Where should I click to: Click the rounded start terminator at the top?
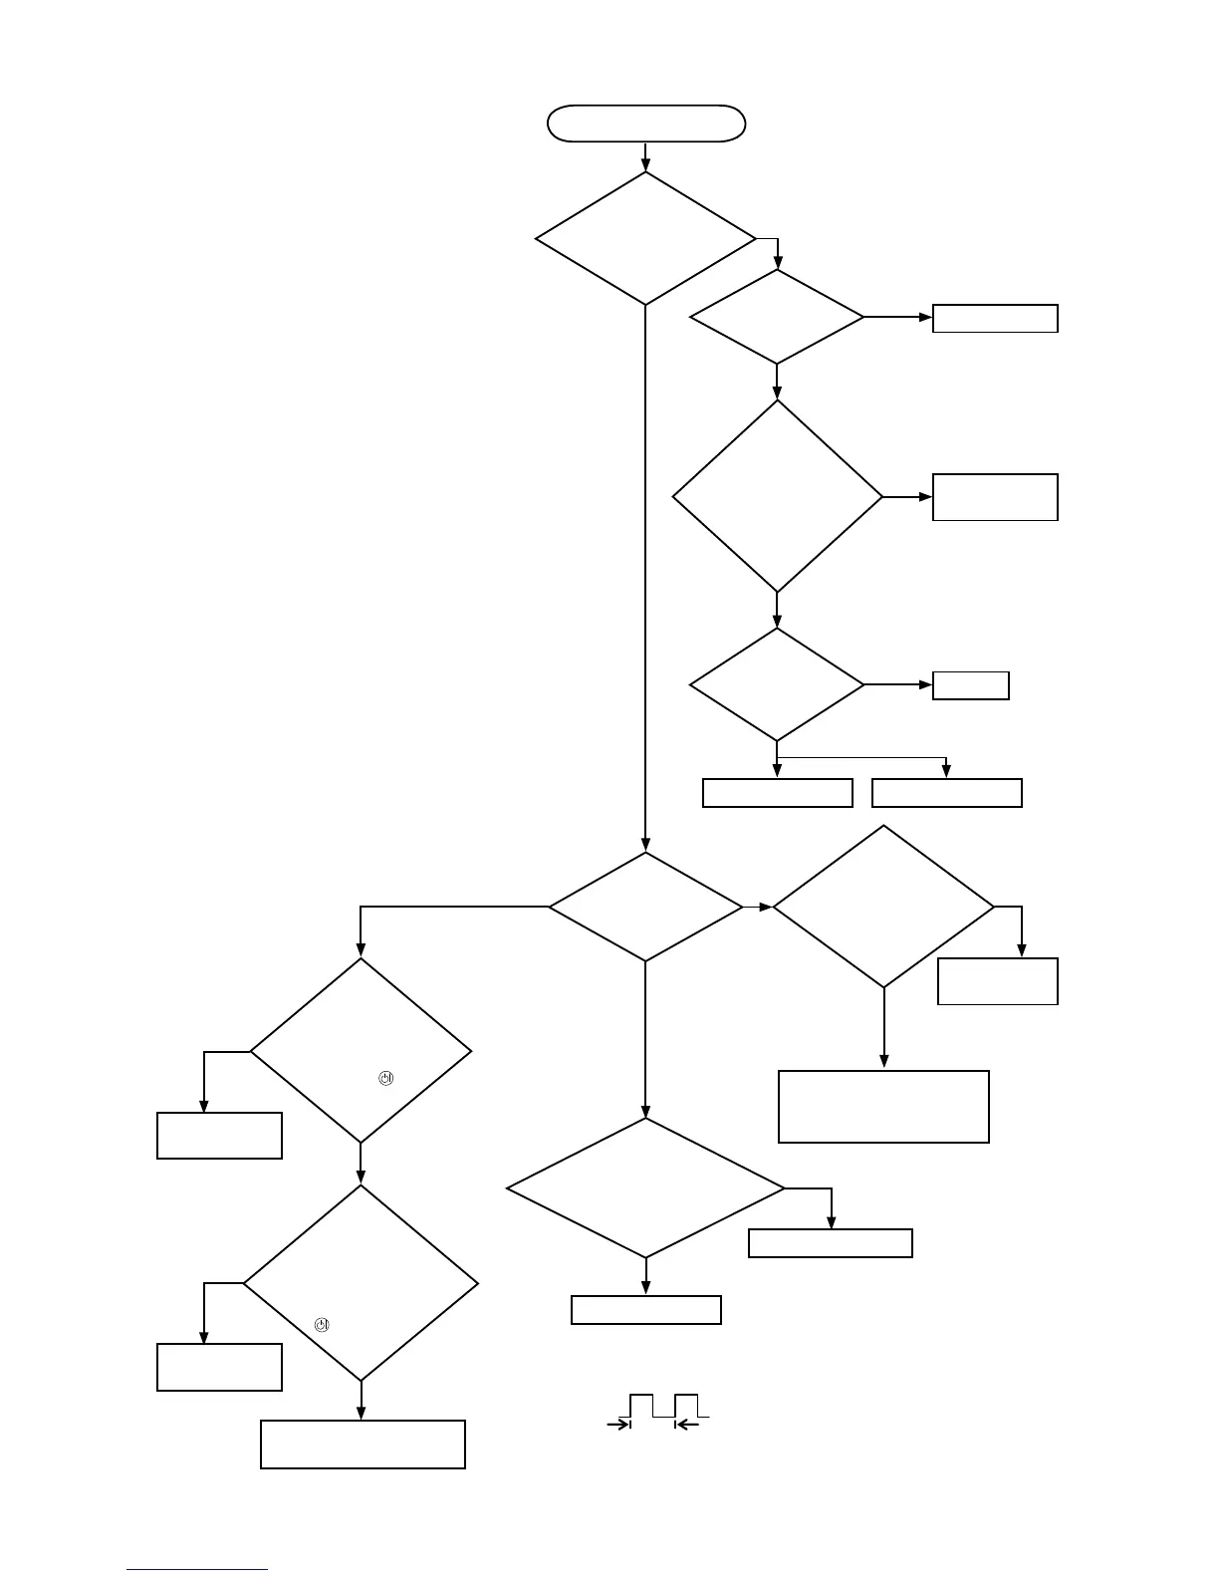point(646,124)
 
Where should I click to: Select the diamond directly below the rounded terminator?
point(645,238)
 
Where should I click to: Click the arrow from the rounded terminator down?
point(645,156)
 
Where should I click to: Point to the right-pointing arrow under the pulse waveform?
point(619,1426)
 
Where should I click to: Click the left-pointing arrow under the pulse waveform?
point(688,1426)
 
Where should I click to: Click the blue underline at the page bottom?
point(197,1569)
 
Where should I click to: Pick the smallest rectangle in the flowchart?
point(970,685)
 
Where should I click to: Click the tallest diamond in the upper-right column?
point(777,496)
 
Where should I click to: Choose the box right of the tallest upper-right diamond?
point(994,497)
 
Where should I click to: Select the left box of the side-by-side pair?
point(777,793)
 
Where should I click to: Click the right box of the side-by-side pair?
point(946,793)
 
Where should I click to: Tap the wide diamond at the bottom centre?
point(645,1187)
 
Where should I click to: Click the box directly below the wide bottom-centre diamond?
point(645,1310)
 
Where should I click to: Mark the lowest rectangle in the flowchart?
point(363,1445)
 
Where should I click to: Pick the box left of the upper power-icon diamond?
point(219,1136)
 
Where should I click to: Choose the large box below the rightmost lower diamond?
point(883,1106)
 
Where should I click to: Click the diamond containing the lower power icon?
point(361,1282)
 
